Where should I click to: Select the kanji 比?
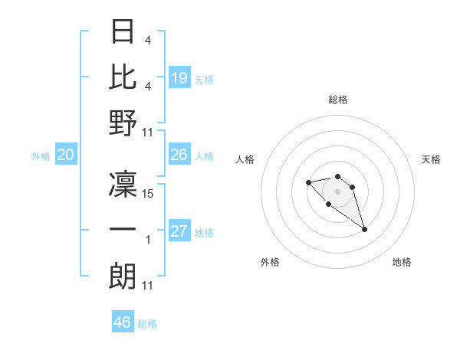[x=123, y=77]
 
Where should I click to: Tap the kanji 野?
[x=123, y=123]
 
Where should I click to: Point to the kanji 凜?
[x=123, y=185]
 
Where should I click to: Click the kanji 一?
[x=123, y=230]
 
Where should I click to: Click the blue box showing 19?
[x=179, y=78]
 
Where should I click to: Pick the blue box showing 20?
[x=66, y=155]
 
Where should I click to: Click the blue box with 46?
[x=123, y=322]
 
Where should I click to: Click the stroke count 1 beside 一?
[x=148, y=240]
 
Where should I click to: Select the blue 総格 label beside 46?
[x=147, y=324]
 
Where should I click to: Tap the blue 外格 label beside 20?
[x=41, y=156]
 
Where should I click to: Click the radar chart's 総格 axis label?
[x=338, y=100]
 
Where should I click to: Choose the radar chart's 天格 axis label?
[x=431, y=159]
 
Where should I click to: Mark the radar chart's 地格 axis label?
[x=402, y=263]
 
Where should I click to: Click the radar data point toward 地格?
[x=364, y=229]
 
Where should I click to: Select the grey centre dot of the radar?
[x=337, y=191]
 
